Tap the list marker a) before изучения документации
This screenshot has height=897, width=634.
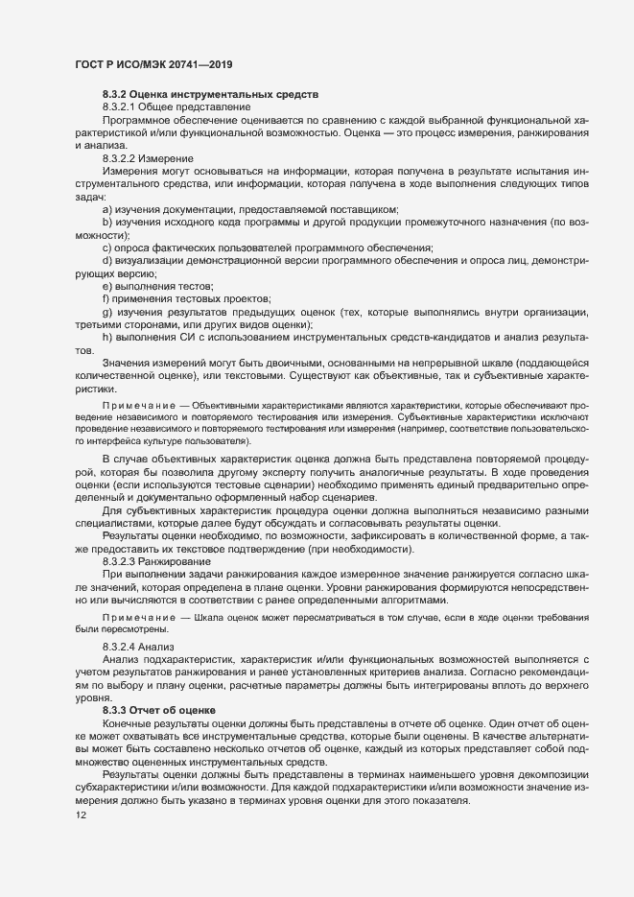click(x=107, y=209)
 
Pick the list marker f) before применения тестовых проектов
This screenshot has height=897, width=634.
click(x=106, y=300)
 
